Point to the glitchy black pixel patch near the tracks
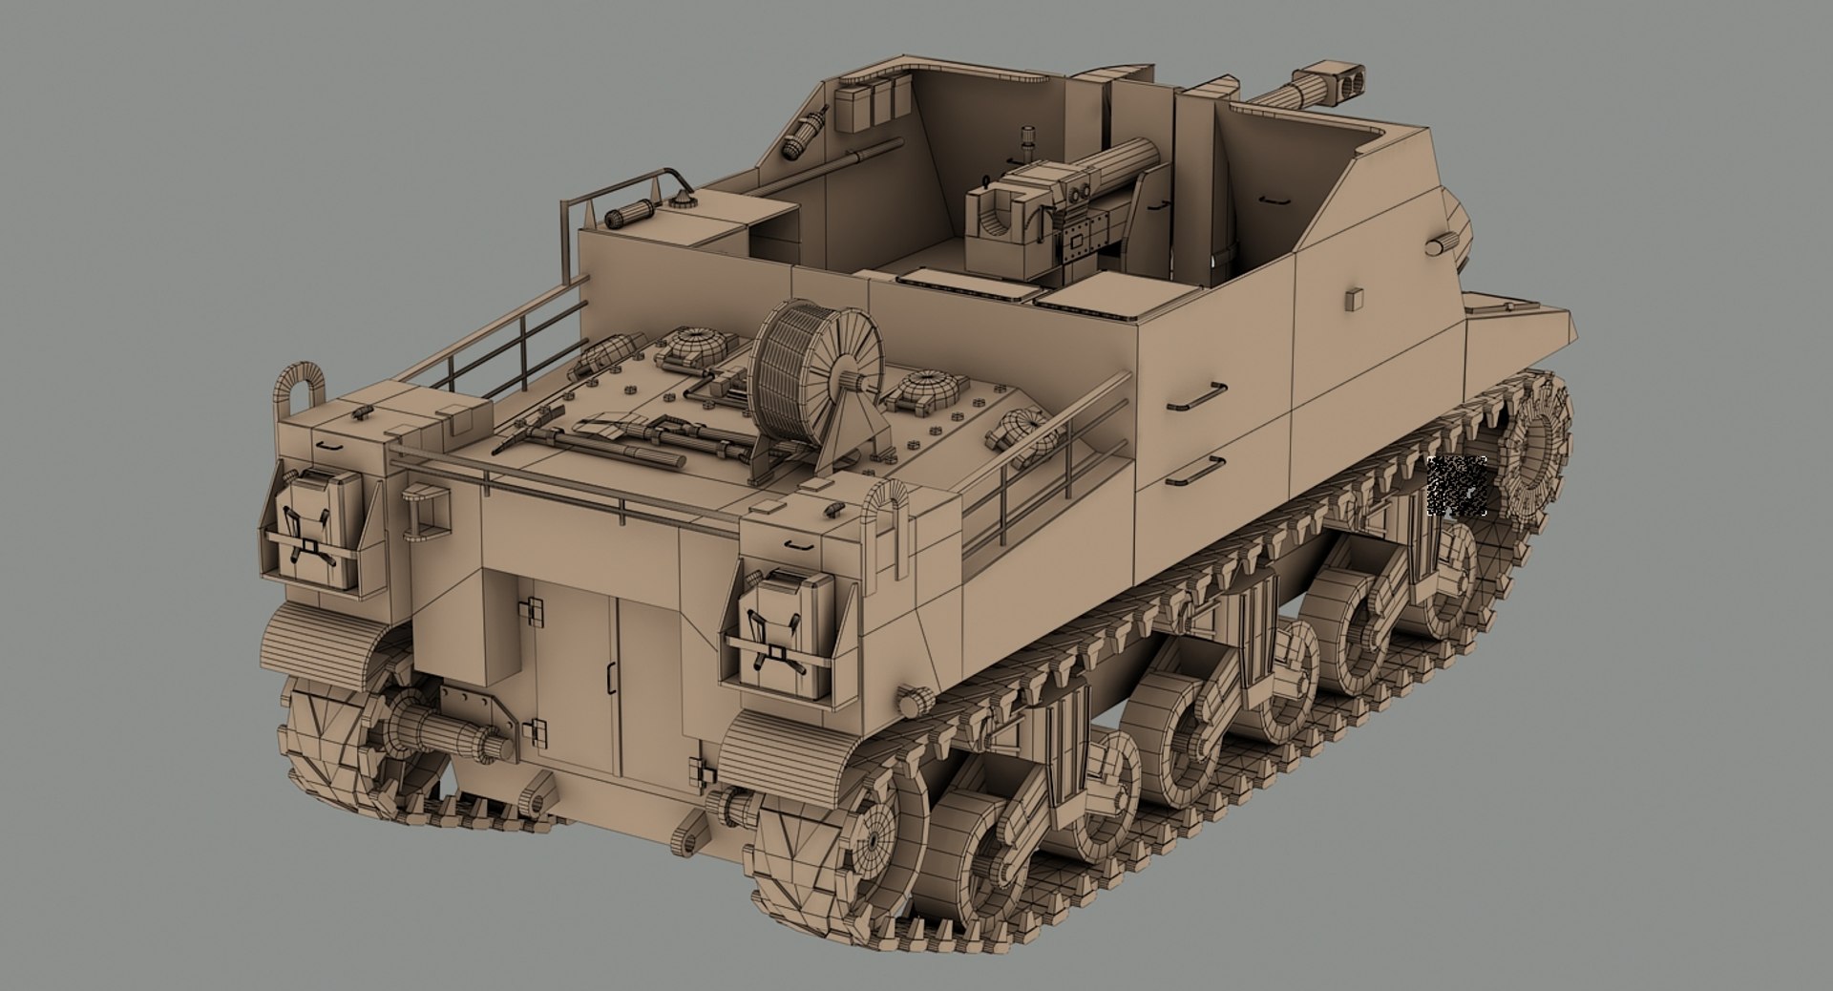click(x=1457, y=486)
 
